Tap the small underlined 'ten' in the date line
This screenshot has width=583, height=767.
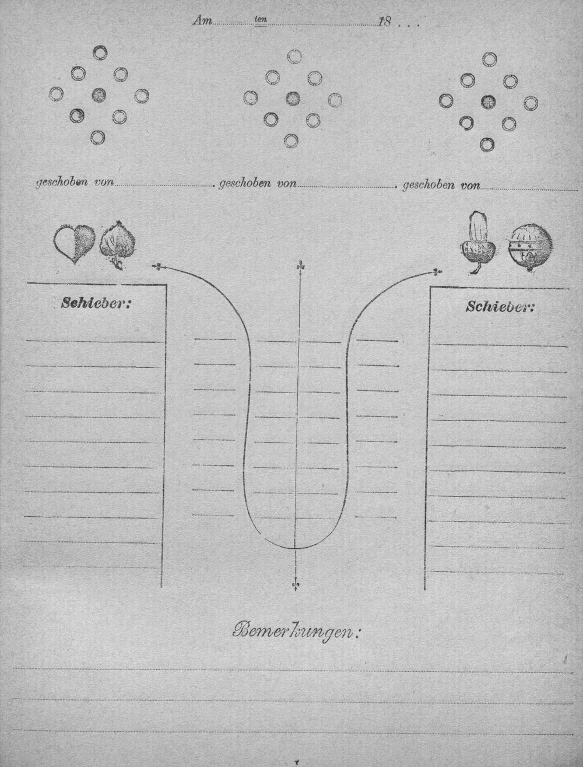(261, 20)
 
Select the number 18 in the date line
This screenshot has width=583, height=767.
(385, 22)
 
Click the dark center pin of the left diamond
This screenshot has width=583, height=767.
(99, 94)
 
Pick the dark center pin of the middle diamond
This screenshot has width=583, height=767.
(293, 98)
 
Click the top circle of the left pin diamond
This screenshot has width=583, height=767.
(100, 52)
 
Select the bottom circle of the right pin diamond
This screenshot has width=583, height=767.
(487, 144)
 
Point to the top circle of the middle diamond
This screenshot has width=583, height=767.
(295, 56)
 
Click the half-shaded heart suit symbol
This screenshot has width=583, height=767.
(75, 244)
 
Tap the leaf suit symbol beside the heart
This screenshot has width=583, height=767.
(118, 245)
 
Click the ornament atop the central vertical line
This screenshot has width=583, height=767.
(300, 267)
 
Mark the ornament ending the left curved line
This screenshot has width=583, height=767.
(157, 267)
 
